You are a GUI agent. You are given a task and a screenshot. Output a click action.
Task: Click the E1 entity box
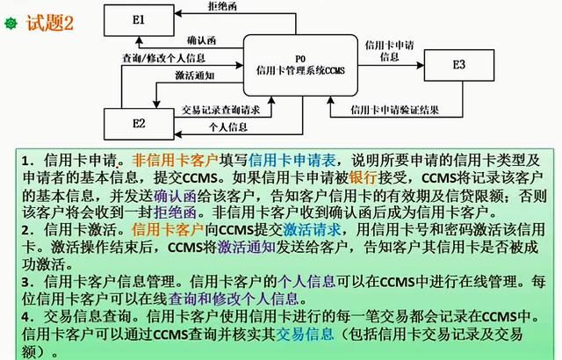tap(139, 20)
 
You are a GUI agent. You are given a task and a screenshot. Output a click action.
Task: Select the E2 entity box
tap(139, 124)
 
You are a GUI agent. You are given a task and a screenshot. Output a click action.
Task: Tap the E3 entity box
tap(459, 65)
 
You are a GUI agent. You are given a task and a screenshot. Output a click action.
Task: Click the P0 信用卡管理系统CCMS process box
tap(300, 65)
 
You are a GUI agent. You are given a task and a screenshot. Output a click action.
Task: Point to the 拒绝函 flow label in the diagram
tap(222, 6)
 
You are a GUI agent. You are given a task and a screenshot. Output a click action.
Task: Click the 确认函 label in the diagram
tap(201, 40)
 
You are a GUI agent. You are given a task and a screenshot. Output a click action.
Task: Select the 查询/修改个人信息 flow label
tap(164, 58)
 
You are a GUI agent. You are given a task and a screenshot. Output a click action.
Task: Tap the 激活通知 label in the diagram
tap(195, 76)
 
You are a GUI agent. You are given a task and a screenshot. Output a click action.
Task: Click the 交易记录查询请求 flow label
tap(220, 110)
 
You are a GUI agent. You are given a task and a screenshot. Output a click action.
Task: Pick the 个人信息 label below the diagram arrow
tap(228, 127)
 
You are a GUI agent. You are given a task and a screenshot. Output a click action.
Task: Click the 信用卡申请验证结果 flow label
tap(394, 110)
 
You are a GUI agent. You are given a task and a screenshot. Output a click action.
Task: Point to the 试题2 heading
tap(50, 23)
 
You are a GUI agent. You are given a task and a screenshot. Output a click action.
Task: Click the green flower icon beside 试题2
tap(11, 24)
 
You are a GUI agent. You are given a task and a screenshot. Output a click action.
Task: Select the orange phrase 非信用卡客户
tap(176, 160)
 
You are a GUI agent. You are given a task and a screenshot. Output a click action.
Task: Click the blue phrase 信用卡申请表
tap(292, 160)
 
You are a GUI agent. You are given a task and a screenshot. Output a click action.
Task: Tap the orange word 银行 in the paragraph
tap(364, 177)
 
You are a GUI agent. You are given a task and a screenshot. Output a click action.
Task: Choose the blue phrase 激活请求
tap(312, 230)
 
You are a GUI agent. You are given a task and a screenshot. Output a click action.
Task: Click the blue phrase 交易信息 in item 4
tap(305, 334)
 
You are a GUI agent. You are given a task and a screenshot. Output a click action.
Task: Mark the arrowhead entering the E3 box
tap(421, 65)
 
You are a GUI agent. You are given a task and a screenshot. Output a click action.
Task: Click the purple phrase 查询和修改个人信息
tap(234, 299)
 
